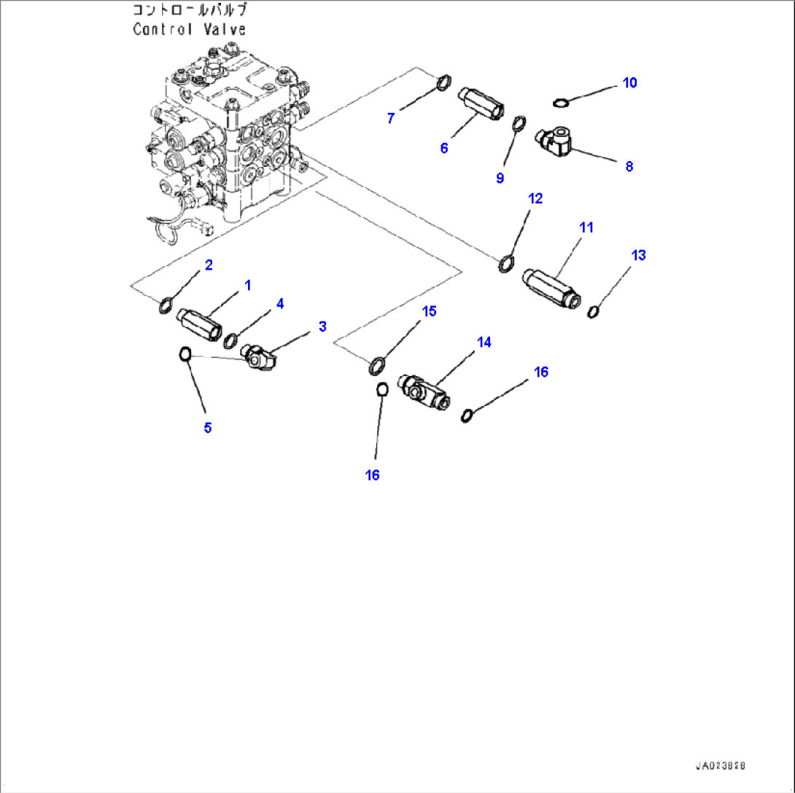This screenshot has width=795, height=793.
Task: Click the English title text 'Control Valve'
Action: (189, 30)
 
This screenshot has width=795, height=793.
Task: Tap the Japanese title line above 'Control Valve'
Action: (189, 10)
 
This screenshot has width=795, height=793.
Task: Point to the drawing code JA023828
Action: (720, 767)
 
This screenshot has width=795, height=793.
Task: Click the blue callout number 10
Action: (629, 83)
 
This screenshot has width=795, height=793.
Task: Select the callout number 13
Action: (638, 255)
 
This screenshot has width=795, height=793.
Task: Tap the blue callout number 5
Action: (208, 428)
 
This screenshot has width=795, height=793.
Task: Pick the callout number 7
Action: (391, 118)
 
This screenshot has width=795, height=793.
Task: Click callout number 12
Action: (535, 198)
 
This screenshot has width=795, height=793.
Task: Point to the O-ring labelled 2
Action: (166, 305)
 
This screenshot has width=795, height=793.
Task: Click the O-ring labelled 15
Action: (378, 364)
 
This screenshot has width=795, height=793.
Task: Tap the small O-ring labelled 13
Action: (594, 312)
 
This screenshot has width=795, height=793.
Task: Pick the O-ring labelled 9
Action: (519, 123)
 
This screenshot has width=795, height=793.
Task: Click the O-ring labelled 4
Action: (232, 340)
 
